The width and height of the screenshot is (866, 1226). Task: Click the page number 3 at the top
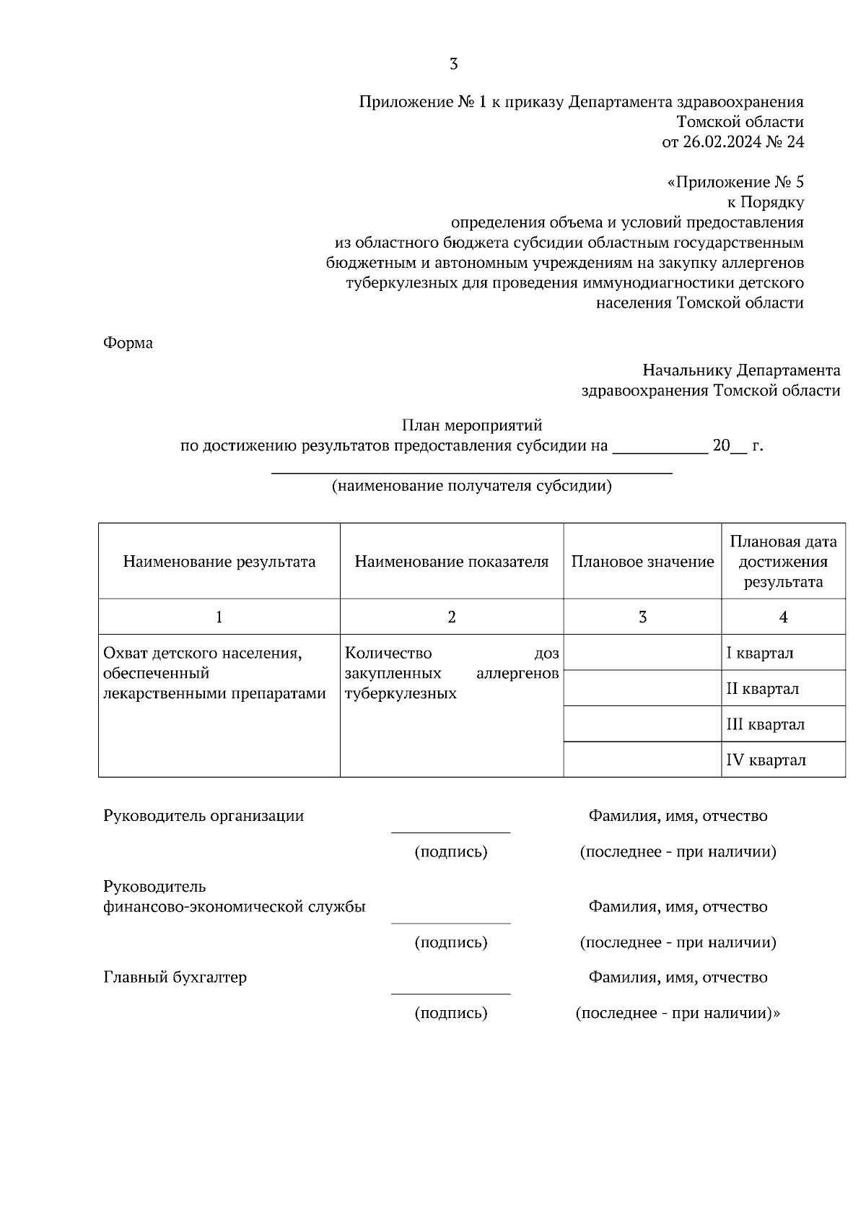453,64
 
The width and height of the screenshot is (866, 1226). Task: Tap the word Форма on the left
128,343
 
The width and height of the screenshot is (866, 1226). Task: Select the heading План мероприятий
471,425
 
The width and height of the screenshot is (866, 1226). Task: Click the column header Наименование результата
219,562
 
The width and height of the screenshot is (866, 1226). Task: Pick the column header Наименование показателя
451,562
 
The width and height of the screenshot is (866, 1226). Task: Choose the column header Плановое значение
642,562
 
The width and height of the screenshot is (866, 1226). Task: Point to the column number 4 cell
783,617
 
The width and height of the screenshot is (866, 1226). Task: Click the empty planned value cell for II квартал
642,688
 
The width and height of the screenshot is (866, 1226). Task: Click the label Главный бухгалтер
175,978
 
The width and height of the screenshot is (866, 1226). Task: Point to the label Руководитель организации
204,816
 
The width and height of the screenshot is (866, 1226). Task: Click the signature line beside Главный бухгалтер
450,993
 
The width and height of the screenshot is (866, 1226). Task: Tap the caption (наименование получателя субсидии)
471,486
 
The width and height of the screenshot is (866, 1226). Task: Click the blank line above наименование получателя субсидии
471,472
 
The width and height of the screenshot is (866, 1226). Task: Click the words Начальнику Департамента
741,370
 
